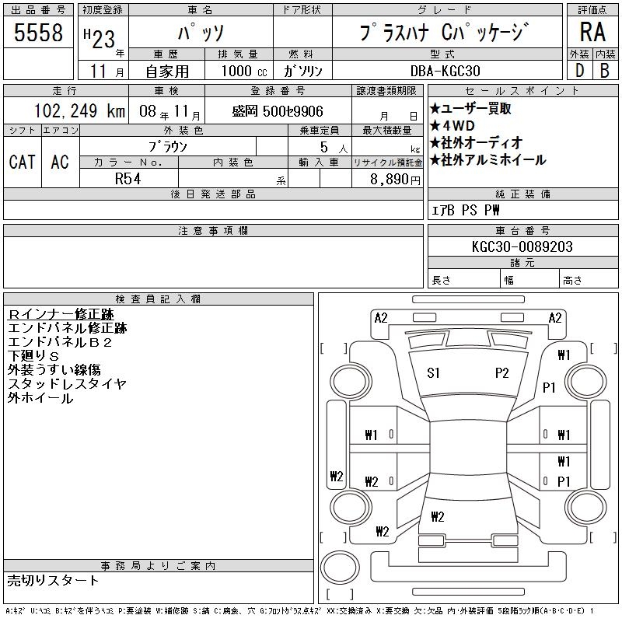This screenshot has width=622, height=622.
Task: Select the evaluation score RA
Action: click(x=592, y=32)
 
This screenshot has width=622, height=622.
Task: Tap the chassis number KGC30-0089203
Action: click(x=522, y=246)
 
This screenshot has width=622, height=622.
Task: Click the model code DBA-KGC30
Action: click(x=446, y=71)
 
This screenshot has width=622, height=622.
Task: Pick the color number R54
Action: click(x=128, y=178)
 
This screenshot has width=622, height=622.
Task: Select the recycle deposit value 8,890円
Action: click(x=386, y=179)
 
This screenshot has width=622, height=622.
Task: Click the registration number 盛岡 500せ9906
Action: click(x=278, y=111)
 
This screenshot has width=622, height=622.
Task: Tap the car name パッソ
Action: click(x=200, y=33)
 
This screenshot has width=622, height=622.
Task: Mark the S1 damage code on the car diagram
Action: click(x=434, y=373)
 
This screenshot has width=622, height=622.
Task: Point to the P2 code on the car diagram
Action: click(x=501, y=373)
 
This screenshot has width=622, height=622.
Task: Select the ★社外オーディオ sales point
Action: click(x=476, y=143)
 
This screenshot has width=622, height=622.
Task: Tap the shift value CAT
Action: click(x=22, y=162)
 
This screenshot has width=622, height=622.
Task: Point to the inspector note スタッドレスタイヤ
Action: click(x=67, y=384)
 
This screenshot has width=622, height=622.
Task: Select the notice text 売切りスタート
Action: click(x=53, y=581)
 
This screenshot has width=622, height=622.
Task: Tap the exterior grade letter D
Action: click(x=578, y=71)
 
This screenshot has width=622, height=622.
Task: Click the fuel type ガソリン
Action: click(x=303, y=71)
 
